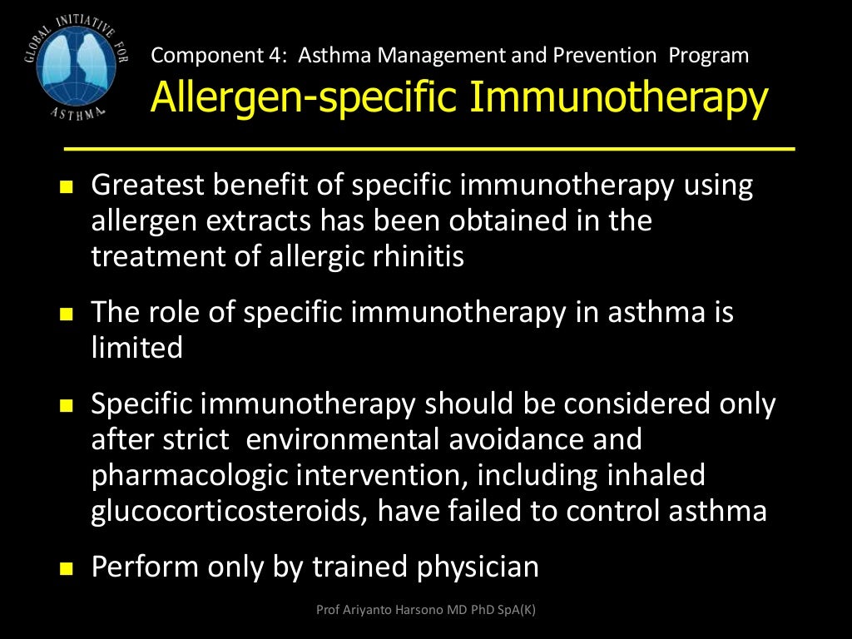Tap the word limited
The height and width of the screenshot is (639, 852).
136,348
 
